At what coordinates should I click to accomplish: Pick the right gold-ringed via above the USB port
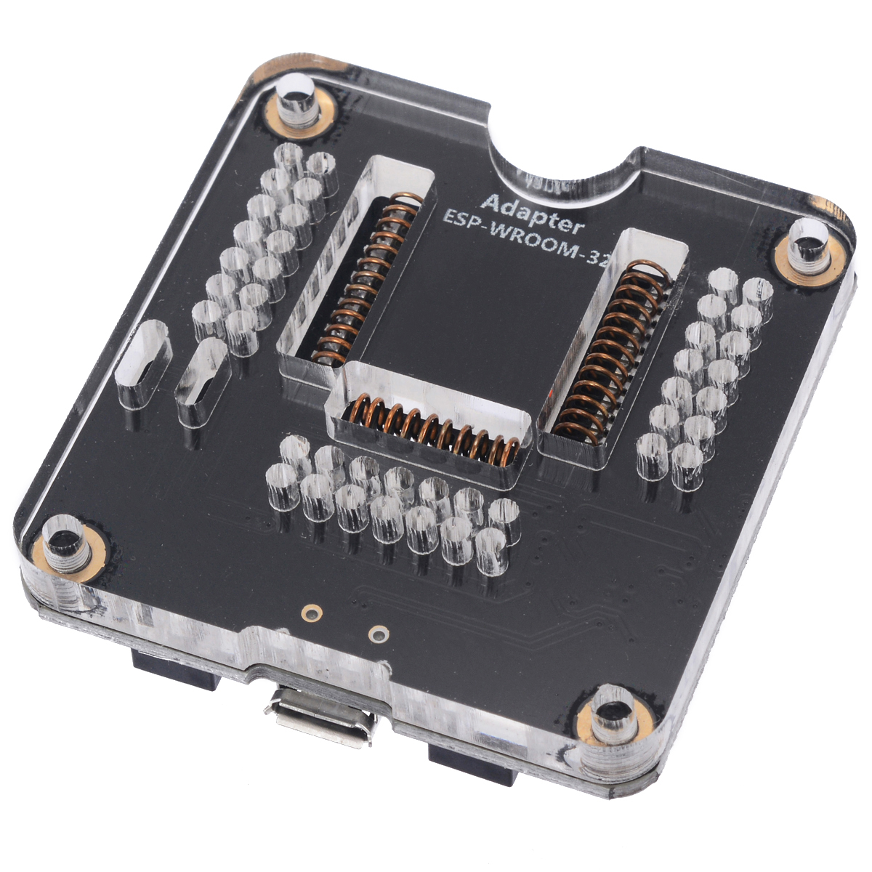pos(377,634)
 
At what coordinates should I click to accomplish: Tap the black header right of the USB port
pos(472,763)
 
